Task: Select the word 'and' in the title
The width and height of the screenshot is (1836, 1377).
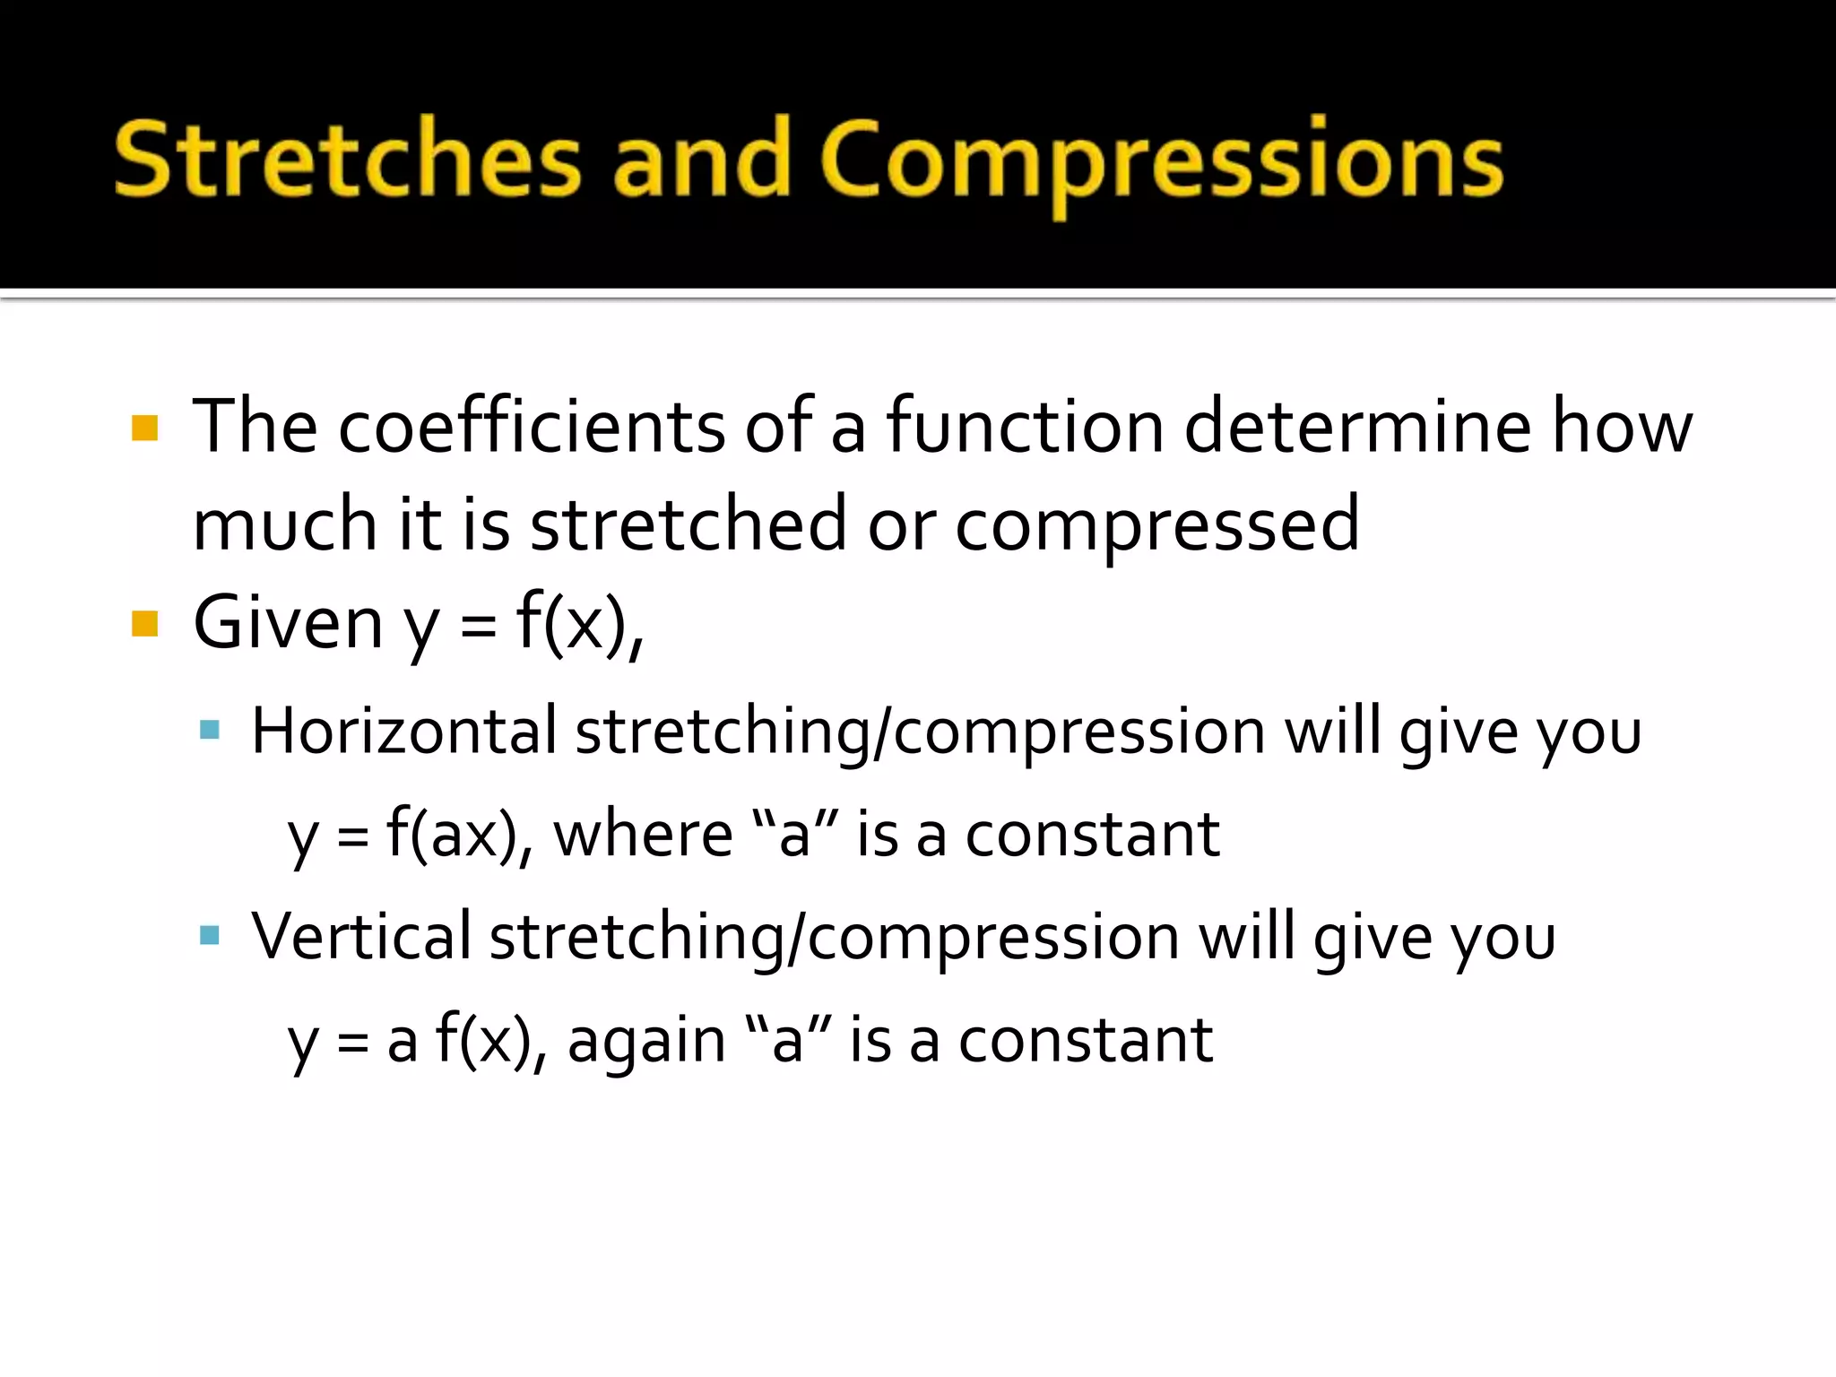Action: click(x=700, y=160)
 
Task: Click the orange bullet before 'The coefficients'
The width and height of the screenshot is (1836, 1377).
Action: click(x=144, y=428)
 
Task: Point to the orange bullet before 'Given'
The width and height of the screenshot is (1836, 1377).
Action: click(x=144, y=623)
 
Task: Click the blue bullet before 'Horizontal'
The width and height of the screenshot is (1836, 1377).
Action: click(x=210, y=730)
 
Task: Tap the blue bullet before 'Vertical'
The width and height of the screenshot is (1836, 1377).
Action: click(x=210, y=936)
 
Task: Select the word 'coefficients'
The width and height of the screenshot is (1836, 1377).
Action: click(x=531, y=426)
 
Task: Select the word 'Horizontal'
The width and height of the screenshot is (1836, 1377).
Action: click(x=404, y=731)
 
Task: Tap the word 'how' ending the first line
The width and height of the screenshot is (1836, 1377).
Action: click(x=1622, y=426)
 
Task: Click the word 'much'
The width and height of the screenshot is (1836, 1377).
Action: click(x=284, y=524)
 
